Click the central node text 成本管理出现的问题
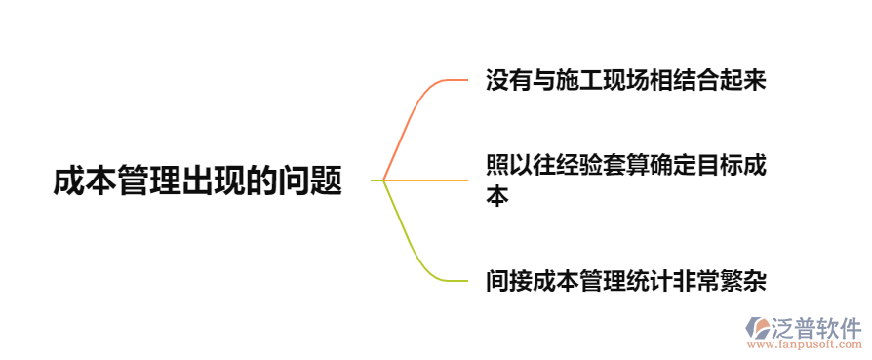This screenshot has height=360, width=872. coord(198,181)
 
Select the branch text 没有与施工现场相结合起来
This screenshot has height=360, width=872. coord(625,80)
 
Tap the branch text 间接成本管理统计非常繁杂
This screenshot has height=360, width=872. coord(625,282)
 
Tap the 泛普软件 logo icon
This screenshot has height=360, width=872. coord(758,328)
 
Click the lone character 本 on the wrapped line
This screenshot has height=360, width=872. coord(497,196)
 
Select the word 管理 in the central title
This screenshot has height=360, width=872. coord(149,181)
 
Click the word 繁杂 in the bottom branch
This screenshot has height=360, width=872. coord(742,282)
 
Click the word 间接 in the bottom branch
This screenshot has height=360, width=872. coord(509,282)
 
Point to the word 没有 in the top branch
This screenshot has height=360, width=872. coord(509,80)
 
